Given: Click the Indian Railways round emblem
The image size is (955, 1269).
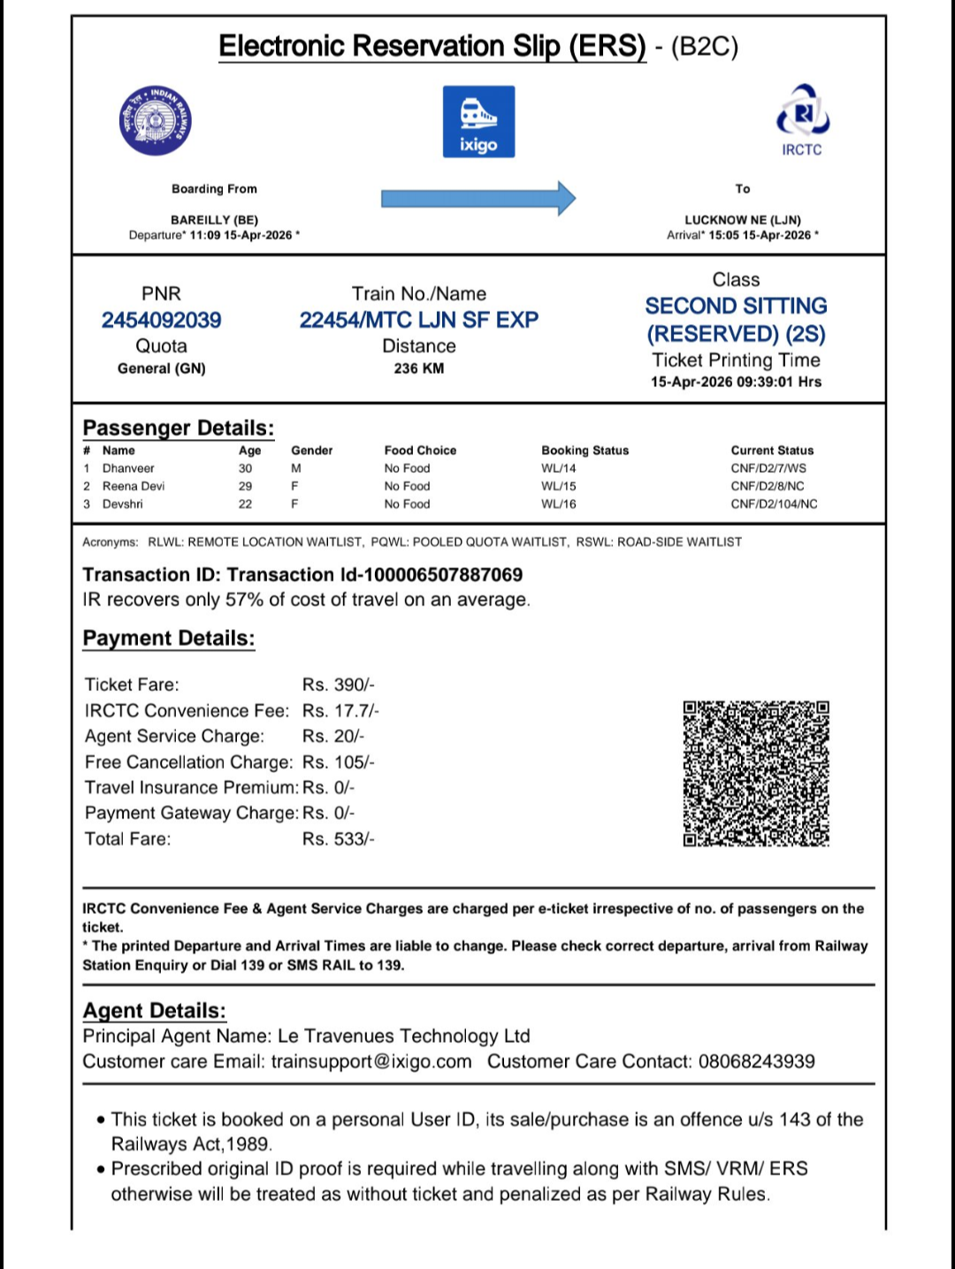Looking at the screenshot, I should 156,121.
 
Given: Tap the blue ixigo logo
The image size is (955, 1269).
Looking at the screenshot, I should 478,122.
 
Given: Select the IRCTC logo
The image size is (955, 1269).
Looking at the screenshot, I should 802,120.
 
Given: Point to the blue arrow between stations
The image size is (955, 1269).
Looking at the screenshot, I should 478,199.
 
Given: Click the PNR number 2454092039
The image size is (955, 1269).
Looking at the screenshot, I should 161,320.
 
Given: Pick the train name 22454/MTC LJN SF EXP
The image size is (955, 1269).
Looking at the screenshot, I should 418,320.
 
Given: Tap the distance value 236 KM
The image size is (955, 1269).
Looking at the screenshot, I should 419,369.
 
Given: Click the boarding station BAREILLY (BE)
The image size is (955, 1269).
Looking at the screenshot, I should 214,220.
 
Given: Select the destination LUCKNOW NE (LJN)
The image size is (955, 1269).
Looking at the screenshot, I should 743,220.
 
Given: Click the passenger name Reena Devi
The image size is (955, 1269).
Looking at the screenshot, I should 134,486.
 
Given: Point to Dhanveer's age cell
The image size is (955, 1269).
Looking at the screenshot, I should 245,468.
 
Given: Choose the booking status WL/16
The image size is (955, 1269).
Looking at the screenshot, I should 559,504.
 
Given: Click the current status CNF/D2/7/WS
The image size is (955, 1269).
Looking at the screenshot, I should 768,468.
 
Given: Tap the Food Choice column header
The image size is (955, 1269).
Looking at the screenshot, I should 420,451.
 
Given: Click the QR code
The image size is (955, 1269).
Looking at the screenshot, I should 756,773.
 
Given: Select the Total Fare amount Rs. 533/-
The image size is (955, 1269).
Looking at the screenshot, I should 339,839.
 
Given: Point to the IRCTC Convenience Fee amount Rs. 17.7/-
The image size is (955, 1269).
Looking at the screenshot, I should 340,710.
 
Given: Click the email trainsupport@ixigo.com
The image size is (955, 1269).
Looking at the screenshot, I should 371,1061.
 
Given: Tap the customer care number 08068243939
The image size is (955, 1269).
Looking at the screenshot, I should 757,1061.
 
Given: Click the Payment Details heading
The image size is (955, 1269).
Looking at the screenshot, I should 169,638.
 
